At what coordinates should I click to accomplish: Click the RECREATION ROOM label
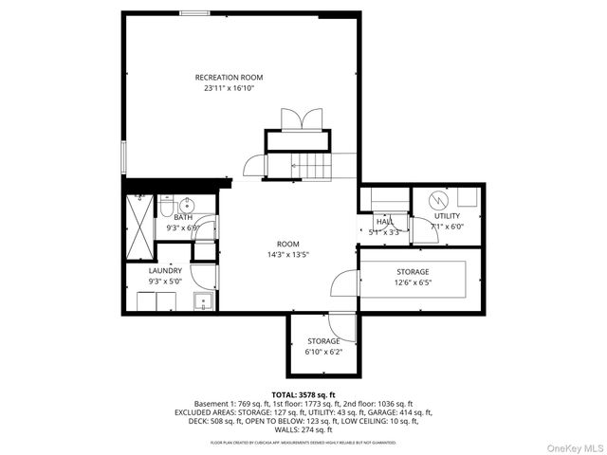pyautogui.click(x=229, y=77)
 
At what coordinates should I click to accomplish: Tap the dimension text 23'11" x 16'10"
pyautogui.click(x=229, y=88)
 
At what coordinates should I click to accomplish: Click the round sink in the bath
pyautogui.click(x=187, y=204)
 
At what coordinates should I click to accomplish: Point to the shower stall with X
pyautogui.click(x=139, y=216)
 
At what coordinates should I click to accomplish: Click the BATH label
pyautogui.click(x=182, y=217)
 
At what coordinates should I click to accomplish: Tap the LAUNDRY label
pyautogui.click(x=165, y=270)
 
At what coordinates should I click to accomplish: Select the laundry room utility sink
pyautogui.click(x=202, y=301)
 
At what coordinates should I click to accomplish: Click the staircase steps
pyautogui.click(x=311, y=167)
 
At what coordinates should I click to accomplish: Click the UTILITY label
pyautogui.click(x=447, y=216)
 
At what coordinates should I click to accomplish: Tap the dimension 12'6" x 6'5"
pyautogui.click(x=413, y=282)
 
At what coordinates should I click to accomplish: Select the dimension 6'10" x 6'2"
pyautogui.click(x=322, y=352)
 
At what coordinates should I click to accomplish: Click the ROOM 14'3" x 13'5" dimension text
pyautogui.click(x=287, y=254)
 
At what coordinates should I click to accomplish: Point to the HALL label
pyautogui.click(x=384, y=221)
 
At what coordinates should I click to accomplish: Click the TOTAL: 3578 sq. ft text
pyautogui.click(x=303, y=394)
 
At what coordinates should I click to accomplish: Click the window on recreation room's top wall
pyautogui.click(x=195, y=13)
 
